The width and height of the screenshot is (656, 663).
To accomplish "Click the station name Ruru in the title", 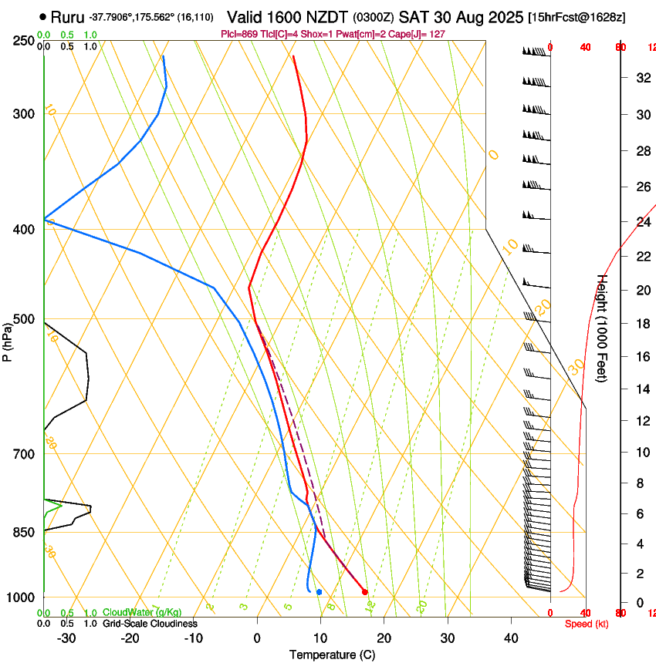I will [67, 16].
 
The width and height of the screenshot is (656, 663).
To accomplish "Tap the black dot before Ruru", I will [42, 16].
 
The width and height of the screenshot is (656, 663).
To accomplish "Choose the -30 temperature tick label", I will [66, 638].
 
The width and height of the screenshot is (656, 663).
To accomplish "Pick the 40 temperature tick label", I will [511, 638].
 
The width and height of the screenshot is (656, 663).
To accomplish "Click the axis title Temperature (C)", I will [332, 655].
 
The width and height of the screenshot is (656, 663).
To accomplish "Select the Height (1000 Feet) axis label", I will [603, 328].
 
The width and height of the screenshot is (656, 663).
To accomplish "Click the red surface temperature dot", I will [365, 592].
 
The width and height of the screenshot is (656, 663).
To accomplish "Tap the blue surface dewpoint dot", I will [319, 591].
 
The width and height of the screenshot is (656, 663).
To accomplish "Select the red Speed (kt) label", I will [586, 624].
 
